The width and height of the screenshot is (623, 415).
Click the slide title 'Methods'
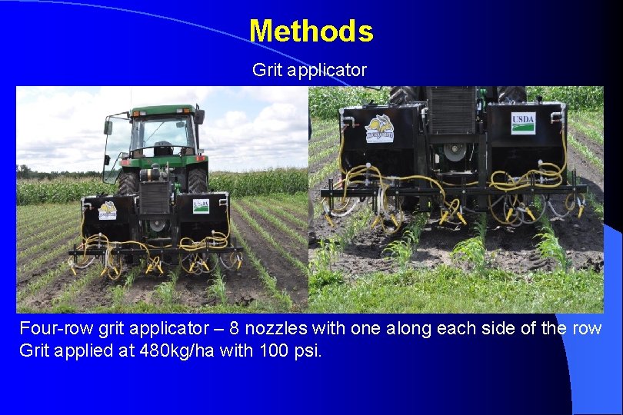click(311, 32)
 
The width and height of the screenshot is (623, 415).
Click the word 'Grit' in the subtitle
click(266, 70)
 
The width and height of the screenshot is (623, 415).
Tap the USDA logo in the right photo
click(523, 123)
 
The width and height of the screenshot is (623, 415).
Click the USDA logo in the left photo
click(201, 207)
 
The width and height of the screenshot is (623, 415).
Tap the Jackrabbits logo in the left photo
click(108, 209)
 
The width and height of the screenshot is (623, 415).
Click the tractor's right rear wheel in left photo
click(198, 181)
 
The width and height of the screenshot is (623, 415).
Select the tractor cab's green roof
click(162, 111)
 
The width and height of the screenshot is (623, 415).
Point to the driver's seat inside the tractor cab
click(162, 148)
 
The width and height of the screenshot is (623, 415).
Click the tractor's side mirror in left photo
click(108, 128)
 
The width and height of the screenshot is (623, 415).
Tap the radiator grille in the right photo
click(452, 111)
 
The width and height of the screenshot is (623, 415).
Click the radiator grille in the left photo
click(155, 198)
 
